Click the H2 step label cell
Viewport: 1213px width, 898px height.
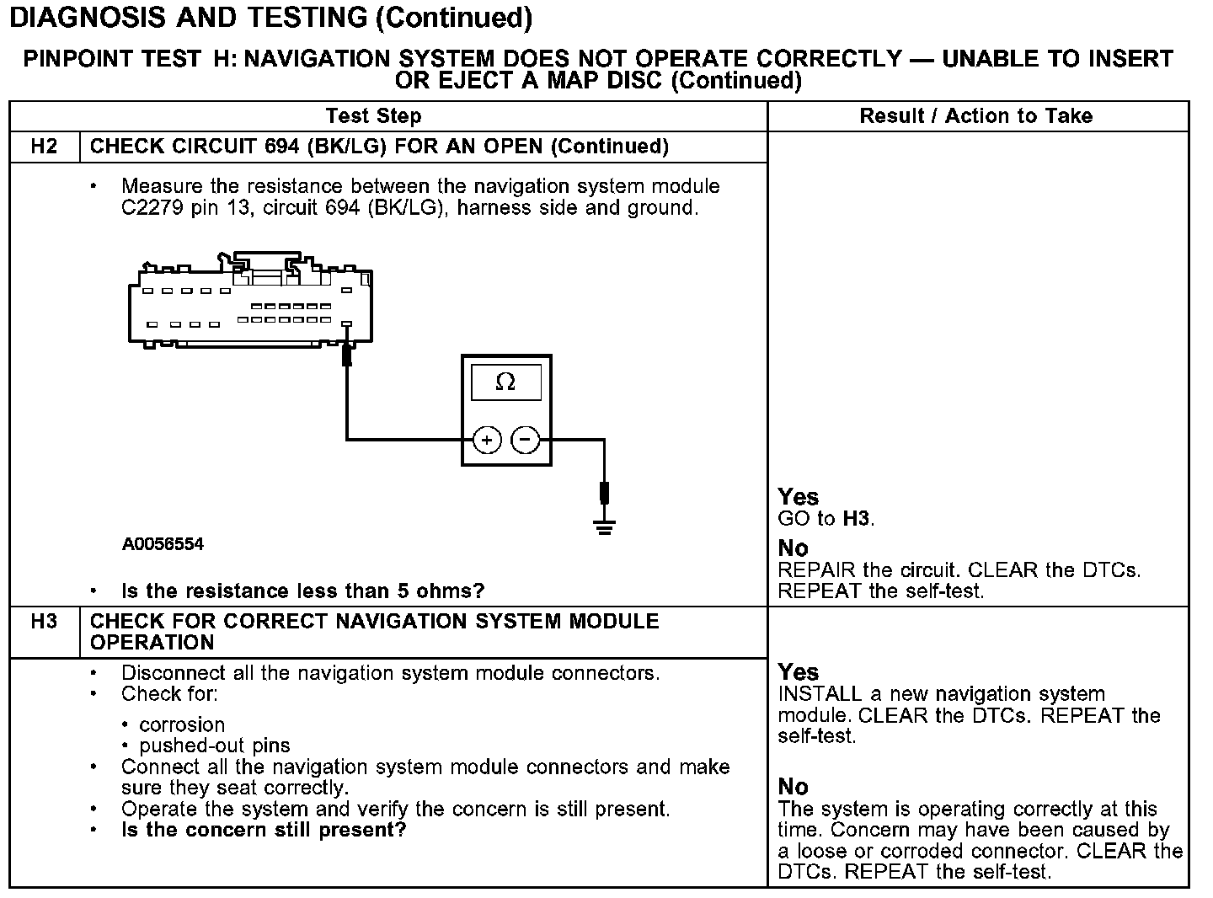(x=44, y=147)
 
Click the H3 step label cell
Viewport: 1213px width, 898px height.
(x=44, y=622)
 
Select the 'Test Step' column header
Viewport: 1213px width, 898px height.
(x=373, y=116)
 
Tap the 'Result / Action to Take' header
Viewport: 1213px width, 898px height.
(x=976, y=116)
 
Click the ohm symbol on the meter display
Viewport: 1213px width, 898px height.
(x=505, y=382)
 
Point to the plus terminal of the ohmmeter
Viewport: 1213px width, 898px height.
(x=487, y=440)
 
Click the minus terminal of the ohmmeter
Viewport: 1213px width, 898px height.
(x=526, y=440)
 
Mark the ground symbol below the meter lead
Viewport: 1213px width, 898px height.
(x=604, y=527)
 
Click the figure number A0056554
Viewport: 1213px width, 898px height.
(x=163, y=544)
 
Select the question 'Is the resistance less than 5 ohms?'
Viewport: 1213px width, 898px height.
(x=302, y=591)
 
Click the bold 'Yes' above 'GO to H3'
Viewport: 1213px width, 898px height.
(x=798, y=497)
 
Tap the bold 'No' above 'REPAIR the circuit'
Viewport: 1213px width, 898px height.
(x=793, y=548)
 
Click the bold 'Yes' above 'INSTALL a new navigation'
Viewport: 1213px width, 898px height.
(x=798, y=672)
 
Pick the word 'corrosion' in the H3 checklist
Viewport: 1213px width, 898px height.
(x=182, y=724)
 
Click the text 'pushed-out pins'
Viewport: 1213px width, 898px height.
(x=214, y=746)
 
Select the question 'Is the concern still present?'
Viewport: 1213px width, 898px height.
(x=264, y=830)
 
